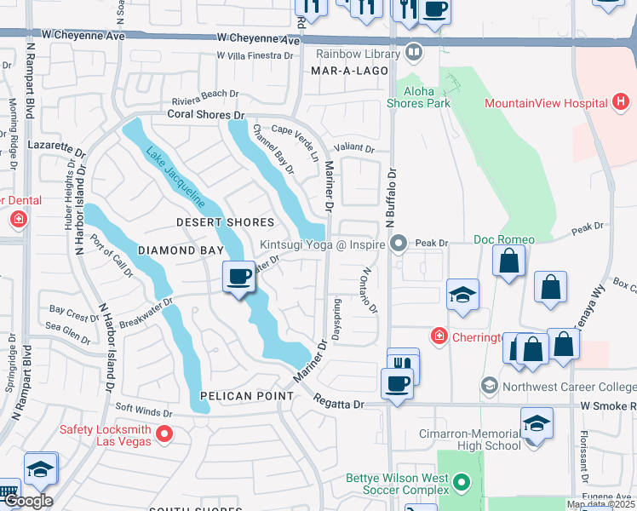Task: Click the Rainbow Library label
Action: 358,54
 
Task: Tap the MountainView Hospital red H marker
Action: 622,104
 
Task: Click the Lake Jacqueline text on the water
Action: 175,178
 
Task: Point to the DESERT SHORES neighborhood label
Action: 225,222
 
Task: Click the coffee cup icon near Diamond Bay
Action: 239,278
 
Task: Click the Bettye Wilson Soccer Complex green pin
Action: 462,484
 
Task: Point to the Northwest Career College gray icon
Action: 489,387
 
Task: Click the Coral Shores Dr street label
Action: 205,114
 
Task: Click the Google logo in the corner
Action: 27,501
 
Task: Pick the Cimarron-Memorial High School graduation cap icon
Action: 537,423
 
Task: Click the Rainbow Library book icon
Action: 414,54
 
